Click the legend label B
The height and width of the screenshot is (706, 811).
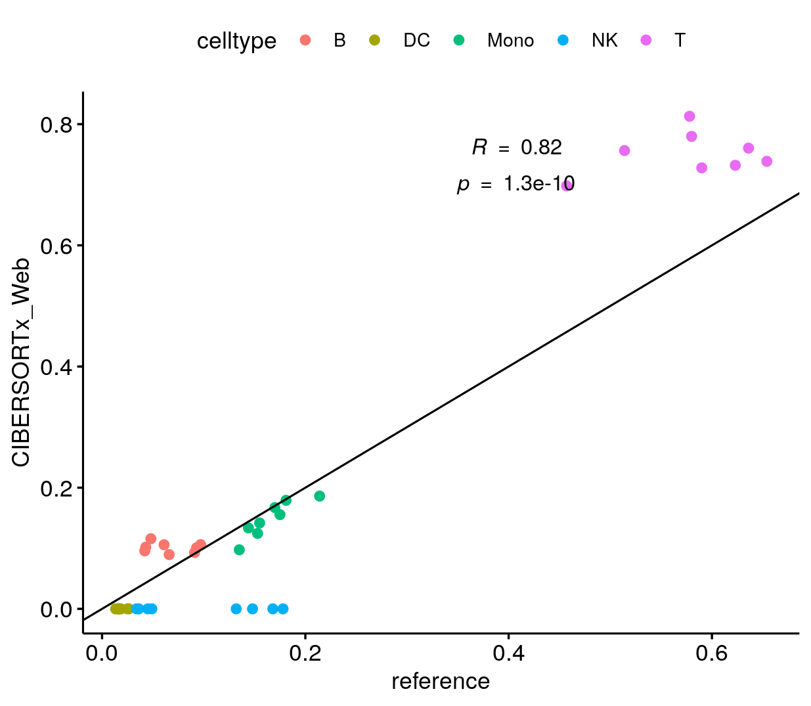(340, 41)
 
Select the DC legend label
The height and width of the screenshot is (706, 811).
(416, 41)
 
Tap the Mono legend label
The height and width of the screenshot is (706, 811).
(510, 41)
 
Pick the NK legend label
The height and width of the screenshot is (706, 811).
(604, 41)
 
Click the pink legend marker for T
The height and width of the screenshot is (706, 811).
(646, 40)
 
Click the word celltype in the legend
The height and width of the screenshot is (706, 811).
(236, 41)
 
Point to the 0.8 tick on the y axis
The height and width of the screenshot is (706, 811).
(56, 125)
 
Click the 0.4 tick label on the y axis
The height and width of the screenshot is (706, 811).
(56, 367)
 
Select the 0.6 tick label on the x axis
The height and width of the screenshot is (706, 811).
(712, 654)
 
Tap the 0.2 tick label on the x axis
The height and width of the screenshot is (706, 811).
(305, 654)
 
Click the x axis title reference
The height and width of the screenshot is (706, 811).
(440, 682)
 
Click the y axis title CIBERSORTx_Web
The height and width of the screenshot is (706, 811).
(21, 363)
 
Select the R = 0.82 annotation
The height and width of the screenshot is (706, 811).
(517, 147)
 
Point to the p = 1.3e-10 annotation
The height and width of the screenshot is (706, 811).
(515, 184)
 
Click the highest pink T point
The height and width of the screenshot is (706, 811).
(690, 116)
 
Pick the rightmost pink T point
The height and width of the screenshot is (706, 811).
(766, 162)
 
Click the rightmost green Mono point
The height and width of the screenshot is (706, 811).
(320, 496)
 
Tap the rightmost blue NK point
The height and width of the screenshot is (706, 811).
(283, 609)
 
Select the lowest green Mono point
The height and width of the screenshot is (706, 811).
(239, 550)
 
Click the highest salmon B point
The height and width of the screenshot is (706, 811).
(151, 539)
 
